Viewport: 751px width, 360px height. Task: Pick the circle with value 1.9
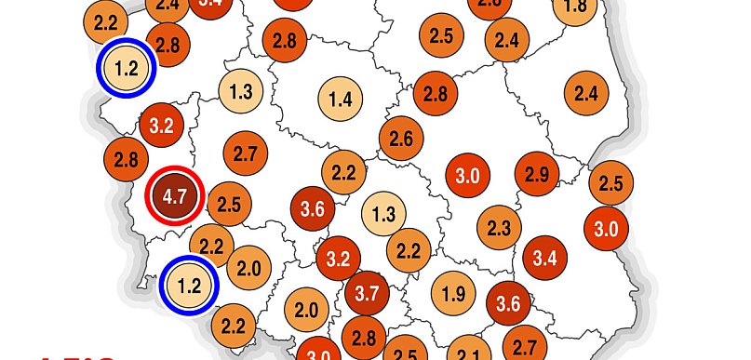pos(453,296)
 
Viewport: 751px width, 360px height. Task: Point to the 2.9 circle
pos(537,174)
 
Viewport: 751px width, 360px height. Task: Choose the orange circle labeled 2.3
pos(499,227)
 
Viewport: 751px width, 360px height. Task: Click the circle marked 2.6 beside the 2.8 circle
pos(401,139)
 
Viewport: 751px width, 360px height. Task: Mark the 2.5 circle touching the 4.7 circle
pos(229,204)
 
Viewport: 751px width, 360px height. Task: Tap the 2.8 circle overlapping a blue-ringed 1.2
pos(168,45)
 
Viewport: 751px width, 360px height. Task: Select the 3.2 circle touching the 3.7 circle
pos(339,258)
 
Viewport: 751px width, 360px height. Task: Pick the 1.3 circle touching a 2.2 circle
pos(382,214)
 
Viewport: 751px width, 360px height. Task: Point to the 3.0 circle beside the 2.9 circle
pos(467,175)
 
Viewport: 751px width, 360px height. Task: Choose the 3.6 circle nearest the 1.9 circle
pos(508,303)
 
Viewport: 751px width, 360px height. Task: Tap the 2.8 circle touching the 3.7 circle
pos(364,337)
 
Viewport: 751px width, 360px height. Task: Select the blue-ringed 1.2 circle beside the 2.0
pos(189,285)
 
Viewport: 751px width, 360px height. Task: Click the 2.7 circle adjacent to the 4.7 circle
pos(246,153)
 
